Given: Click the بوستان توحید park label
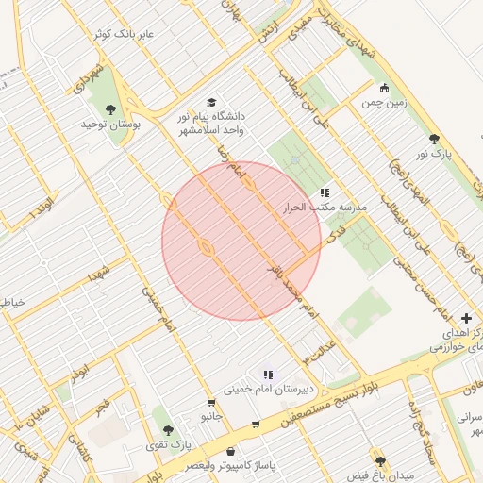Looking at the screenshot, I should pos(110,125).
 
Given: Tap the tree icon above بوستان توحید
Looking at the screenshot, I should pos(111,109).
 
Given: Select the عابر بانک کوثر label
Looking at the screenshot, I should pos(136,35).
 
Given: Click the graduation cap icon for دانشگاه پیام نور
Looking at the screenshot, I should pos(210,102).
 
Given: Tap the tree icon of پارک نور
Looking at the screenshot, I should pos(434,138).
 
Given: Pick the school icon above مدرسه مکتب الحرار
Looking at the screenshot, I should pos(325,192).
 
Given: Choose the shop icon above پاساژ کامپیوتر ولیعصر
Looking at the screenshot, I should pos(231,452).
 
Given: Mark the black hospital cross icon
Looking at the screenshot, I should pos(467,319).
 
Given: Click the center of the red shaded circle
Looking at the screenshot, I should pos(241,241).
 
